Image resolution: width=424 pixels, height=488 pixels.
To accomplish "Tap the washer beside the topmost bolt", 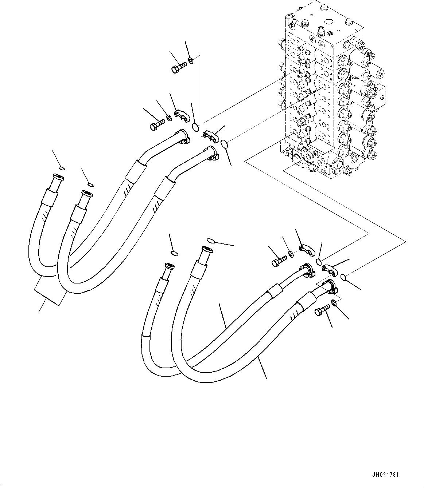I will point(191,59).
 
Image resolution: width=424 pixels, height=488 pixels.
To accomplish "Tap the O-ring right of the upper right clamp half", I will point(225,144).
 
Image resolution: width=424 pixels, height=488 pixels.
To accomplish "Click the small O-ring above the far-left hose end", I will point(62,168).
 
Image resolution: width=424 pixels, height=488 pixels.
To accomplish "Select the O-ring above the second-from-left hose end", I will point(90,185).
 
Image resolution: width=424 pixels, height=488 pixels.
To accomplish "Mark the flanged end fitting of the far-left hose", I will point(58,178).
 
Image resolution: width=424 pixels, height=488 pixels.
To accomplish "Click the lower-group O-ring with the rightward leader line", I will point(211,240).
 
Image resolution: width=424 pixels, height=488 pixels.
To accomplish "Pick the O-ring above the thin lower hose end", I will point(175,254).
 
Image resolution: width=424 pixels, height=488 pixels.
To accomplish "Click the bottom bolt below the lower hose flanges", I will point(322,310).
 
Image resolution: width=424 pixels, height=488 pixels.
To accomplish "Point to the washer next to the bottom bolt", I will point(334,303).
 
